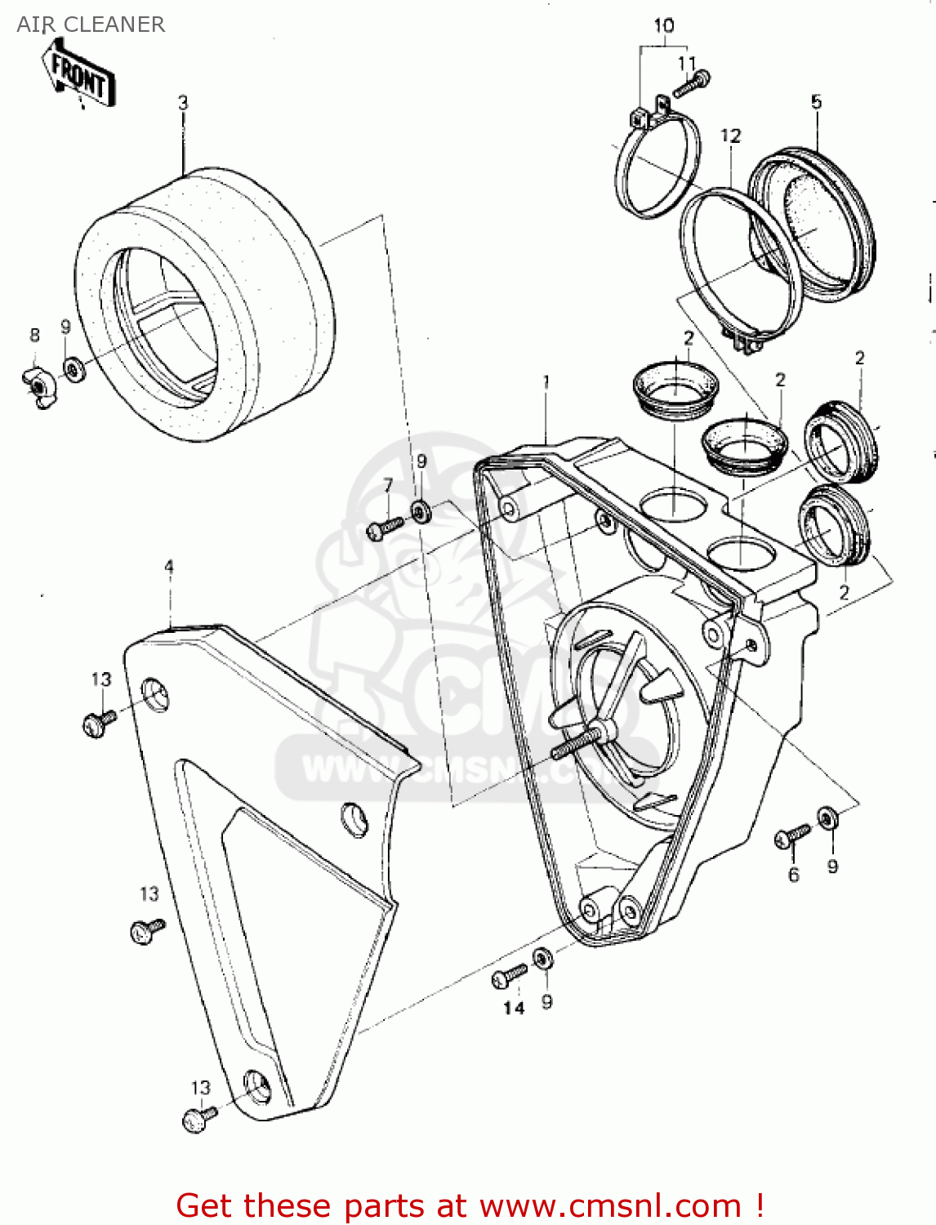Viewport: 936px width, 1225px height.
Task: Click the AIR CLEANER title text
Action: [x=91, y=24]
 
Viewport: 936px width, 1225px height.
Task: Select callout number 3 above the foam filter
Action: [x=183, y=103]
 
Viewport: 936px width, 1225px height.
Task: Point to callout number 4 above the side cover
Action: [x=169, y=567]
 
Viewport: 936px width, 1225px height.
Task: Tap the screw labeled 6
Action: [x=791, y=836]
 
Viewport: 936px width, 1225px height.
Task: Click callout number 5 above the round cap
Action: [x=816, y=102]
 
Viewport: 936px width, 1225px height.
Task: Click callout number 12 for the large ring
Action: [x=730, y=136]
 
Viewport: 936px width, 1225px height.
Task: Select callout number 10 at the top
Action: [x=663, y=26]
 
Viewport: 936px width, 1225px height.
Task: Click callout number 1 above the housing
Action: [x=546, y=381]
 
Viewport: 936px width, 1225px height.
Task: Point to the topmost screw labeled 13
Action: [x=99, y=722]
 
